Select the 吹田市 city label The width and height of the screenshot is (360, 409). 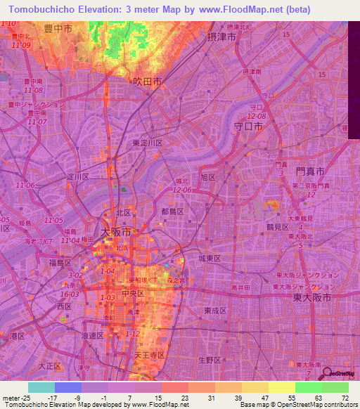click(147, 82)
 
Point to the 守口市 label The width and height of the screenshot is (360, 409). click(247, 126)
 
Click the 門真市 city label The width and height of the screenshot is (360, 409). click(309, 171)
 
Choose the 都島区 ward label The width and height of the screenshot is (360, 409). click(172, 211)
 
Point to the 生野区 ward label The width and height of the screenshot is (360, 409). click(210, 360)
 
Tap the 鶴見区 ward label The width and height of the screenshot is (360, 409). click(277, 228)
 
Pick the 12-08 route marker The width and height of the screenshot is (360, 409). click(256, 115)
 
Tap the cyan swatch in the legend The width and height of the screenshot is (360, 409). click(41, 387)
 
